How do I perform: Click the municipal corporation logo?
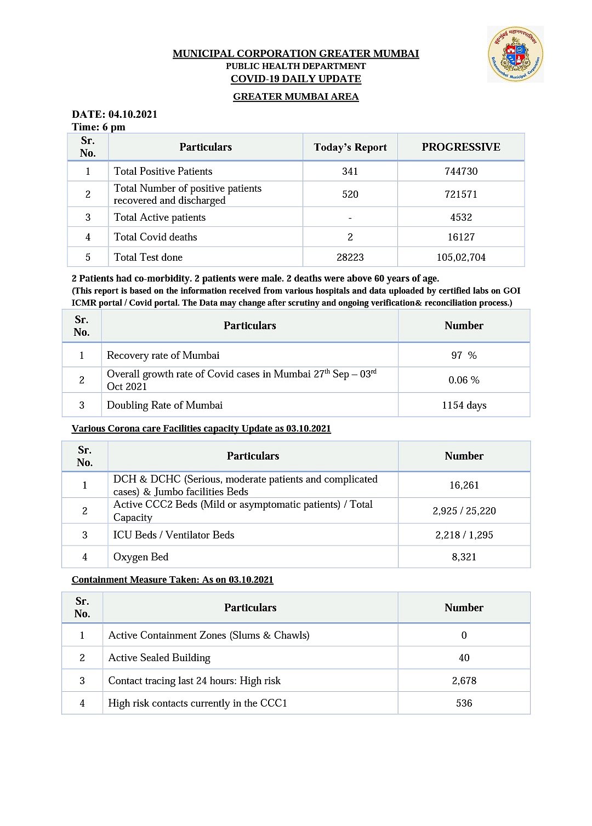515,55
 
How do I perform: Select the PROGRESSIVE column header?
461,147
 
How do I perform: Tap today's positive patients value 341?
350,171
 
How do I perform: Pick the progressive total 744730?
461,171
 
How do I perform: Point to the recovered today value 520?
350,194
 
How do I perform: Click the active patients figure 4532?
461,217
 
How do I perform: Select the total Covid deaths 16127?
461,237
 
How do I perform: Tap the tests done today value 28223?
350,257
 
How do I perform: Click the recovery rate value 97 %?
464,355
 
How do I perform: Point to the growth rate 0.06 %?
464,380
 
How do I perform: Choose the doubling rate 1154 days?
464,405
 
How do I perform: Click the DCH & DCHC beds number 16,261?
464,485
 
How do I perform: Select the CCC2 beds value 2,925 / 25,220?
464,511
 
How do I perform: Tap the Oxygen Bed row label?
141,557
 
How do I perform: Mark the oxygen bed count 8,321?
464,557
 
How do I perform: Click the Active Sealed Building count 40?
464,658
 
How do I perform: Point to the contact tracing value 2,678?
464,681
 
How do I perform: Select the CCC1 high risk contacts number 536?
464,703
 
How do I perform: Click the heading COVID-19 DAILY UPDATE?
296,79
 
